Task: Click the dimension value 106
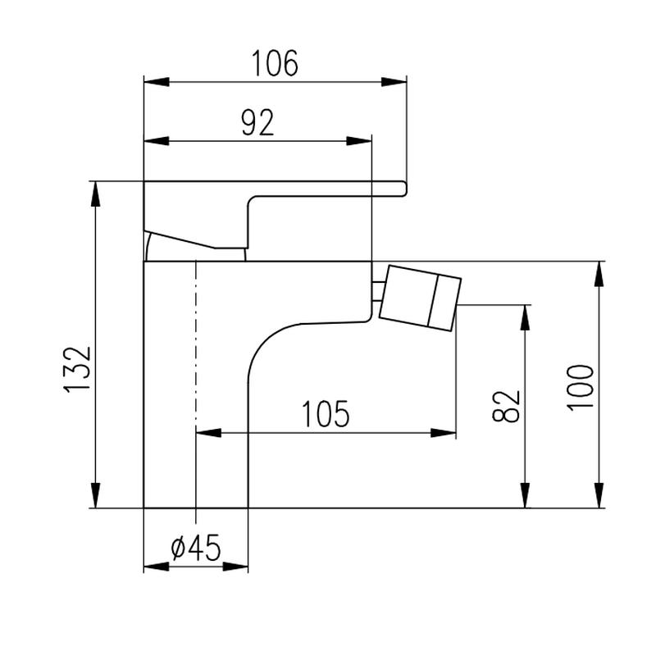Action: pos(275,63)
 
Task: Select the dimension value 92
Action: pos(257,122)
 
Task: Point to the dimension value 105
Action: pos(326,414)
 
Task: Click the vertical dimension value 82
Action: pos(506,406)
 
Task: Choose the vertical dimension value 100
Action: pos(581,388)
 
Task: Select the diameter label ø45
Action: pos(196,548)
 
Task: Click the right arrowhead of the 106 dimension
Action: pos(394,82)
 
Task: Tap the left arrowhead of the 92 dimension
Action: pos(157,141)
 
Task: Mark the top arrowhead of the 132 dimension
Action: pos(96,194)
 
